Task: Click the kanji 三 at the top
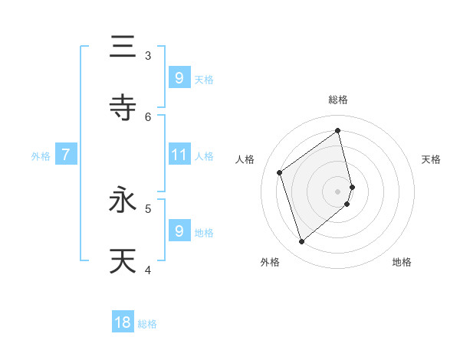coord(123,47)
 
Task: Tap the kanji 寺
coord(123,107)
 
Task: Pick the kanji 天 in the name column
coord(123,260)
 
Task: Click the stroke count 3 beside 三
coord(148,56)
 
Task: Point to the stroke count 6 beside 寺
coord(148,116)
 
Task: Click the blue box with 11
coord(179,155)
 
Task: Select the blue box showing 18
coord(123,323)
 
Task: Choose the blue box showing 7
coord(66,155)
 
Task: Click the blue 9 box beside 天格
coord(179,77)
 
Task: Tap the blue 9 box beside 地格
coord(179,231)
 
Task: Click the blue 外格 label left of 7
coord(41,156)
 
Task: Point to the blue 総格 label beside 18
coord(147,324)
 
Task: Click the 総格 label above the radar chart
coord(338,100)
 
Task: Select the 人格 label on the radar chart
coord(245,159)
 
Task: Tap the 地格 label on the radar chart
coord(402,262)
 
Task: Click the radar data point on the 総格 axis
coord(338,130)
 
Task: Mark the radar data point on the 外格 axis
coord(301,242)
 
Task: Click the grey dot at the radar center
coord(338,191)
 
